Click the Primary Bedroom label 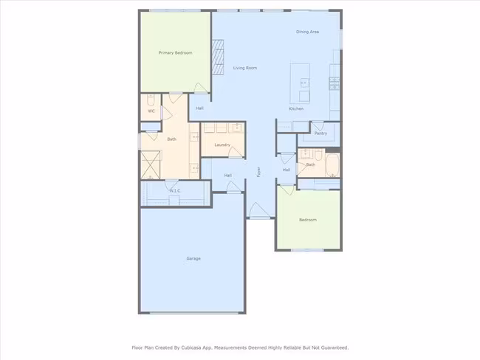tap(176, 53)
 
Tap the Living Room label tap(245, 68)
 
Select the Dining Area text tap(307, 32)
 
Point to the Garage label tap(193, 258)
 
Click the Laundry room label tap(222, 145)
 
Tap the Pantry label tap(320, 134)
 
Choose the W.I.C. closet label tap(175, 191)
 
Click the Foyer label tap(258, 172)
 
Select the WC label tap(151, 111)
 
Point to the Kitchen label tap(296, 108)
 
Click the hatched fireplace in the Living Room tap(218, 57)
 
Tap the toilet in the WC tap(151, 100)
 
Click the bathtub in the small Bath tap(332, 165)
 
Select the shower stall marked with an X tap(151, 165)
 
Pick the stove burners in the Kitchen tap(335, 83)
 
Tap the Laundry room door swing tap(236, 152)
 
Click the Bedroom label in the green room tap(308, 220)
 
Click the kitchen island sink tap(304, 83)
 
